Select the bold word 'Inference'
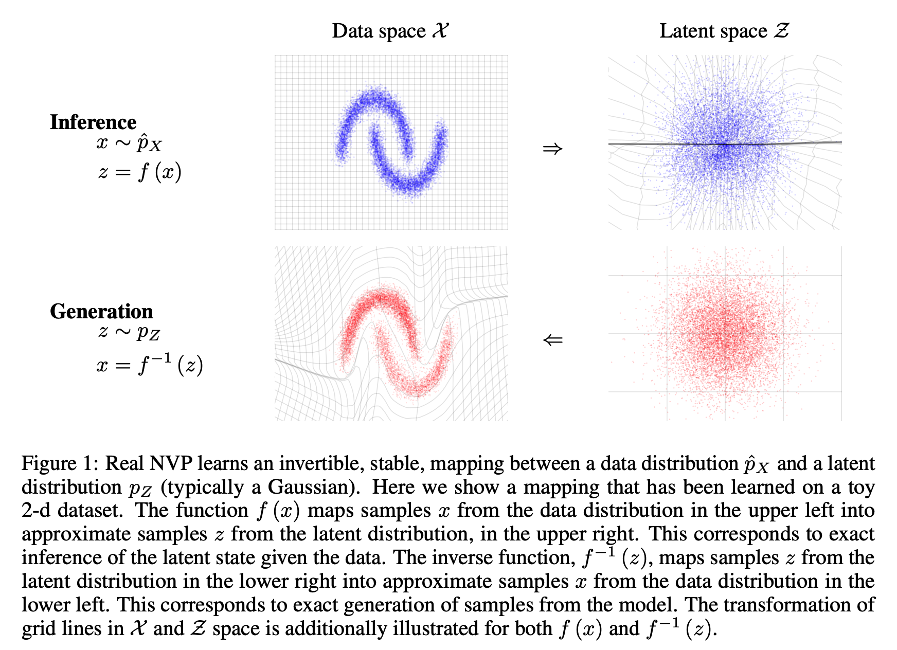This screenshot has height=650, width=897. coord(93,122)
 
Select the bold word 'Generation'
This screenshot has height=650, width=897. coord(101,312)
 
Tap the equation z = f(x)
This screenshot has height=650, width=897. coord(139,172)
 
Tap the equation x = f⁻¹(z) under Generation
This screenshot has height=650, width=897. coord(149,365)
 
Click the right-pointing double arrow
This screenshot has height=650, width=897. coord(552,149)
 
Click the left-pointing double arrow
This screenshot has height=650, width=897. coord(552,340)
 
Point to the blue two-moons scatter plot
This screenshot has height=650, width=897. coord(391,141)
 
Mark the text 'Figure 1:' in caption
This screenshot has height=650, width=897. coord(60,463)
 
